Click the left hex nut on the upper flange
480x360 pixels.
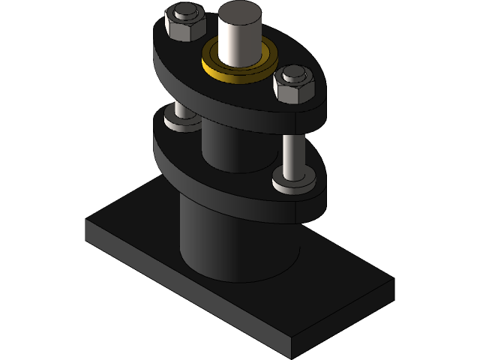(x=183, y=28)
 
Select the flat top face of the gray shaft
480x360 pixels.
(x=238, y=13)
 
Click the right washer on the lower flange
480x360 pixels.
(x=292, y=182)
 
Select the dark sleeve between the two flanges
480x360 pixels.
(x=229, y=146)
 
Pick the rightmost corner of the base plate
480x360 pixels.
(x=393, y=280)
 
